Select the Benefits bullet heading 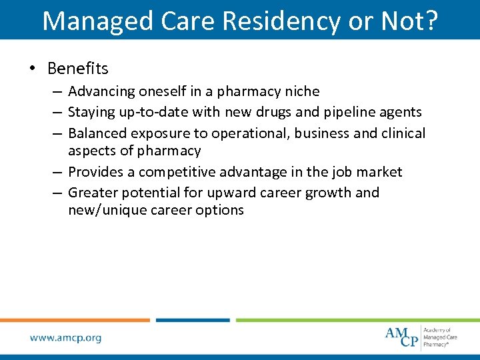tap(78, 68)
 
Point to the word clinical tap(403, 133)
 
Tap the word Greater tap(91, 193)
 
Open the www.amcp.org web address tap(65, 338)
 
